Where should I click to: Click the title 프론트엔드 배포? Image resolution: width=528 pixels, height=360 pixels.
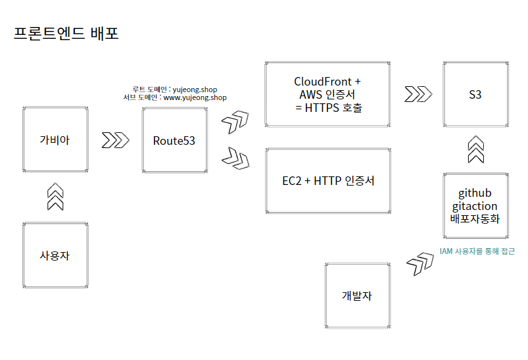(66, 33)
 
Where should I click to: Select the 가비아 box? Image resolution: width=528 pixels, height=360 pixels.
(55, 140)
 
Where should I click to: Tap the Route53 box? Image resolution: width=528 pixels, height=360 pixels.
(174, 140)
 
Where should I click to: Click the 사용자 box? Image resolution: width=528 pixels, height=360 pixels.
(55, 255)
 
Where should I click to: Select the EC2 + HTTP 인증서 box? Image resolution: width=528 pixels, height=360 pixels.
(328, 180)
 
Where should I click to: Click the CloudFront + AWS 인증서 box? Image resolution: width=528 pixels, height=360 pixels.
(328, 94)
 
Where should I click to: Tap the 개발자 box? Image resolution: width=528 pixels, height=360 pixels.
(357, 296)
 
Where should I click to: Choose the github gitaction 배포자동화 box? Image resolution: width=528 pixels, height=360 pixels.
(475, 205)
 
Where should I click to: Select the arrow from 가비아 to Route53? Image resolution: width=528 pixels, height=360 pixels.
(115, 140)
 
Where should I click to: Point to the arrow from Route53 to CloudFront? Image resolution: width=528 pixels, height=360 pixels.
(235, 121)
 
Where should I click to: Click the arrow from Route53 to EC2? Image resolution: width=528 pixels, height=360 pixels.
(235, 157)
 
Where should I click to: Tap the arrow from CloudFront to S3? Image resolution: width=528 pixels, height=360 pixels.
(418, 94)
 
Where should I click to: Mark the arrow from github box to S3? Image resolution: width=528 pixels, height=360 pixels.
(475, 149)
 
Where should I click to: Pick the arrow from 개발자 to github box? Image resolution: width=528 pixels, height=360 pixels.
(420, 262)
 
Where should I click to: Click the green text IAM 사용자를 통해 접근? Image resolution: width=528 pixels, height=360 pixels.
(477, 251)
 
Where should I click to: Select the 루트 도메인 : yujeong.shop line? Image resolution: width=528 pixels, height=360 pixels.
(174, 89)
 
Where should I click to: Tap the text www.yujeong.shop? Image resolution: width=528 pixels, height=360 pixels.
(195, 97)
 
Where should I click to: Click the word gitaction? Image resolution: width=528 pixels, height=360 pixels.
(475, 206)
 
